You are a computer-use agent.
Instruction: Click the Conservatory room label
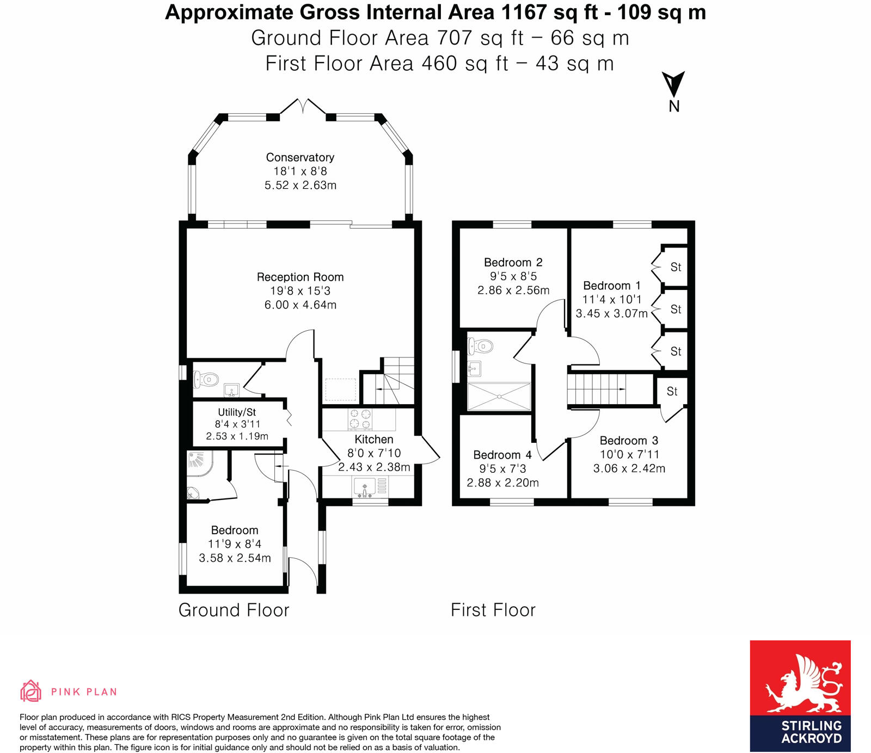point(300,157)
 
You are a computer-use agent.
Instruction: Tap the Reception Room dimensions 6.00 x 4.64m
point(300,305)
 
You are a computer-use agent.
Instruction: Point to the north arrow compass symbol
point(673,85)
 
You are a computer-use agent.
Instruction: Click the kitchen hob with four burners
point(360,419)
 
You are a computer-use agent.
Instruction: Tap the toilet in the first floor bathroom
point(481,346)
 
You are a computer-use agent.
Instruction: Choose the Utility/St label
point(237,412)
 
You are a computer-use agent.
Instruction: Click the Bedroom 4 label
point(502,455)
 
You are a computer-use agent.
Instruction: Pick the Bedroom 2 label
point(513,262)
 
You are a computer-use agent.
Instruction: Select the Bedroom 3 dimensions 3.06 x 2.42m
point(629,468)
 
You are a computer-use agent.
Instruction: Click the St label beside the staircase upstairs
point(672,391)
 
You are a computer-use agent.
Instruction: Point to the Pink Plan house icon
point(31,691)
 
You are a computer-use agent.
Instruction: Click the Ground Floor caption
point(234,610)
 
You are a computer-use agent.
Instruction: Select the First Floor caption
point(493,610)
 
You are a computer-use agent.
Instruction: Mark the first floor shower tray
point(499,396)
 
